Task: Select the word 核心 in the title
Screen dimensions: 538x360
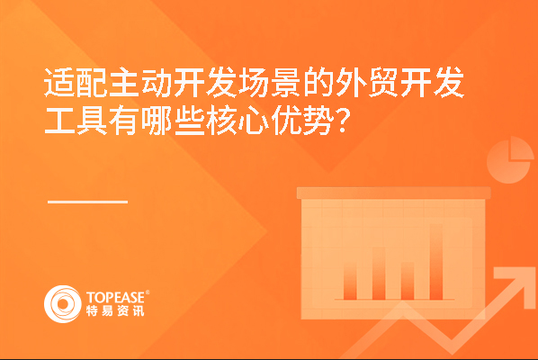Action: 238,121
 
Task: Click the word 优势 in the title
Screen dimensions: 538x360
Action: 302,121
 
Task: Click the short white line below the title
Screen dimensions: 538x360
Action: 87,202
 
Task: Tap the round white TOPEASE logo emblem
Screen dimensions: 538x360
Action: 62,304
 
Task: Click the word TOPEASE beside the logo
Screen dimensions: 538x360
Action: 115,298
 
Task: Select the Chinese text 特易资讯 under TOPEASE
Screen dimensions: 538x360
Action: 115,310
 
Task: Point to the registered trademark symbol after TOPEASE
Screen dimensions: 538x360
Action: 148,292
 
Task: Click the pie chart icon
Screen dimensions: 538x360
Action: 509,160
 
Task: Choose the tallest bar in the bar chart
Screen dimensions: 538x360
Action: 436,262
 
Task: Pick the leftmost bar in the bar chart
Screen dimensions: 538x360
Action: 350,282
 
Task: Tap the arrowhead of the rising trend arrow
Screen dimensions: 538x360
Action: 514,282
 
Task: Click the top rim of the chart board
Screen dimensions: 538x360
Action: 393,193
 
